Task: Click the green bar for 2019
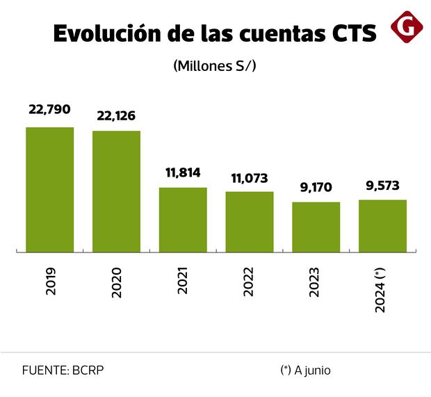(x=50, y=188)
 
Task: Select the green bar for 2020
(x=117, y=191)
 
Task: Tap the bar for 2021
(x=183, y=218)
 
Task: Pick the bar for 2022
(x=250, y=220)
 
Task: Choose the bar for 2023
(x=316, y=226)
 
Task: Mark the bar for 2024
(x=382, y=225)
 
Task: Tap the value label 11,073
(x=250, y=178)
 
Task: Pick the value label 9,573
(x=382, y=186)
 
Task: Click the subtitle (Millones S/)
(x=215, y=67)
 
